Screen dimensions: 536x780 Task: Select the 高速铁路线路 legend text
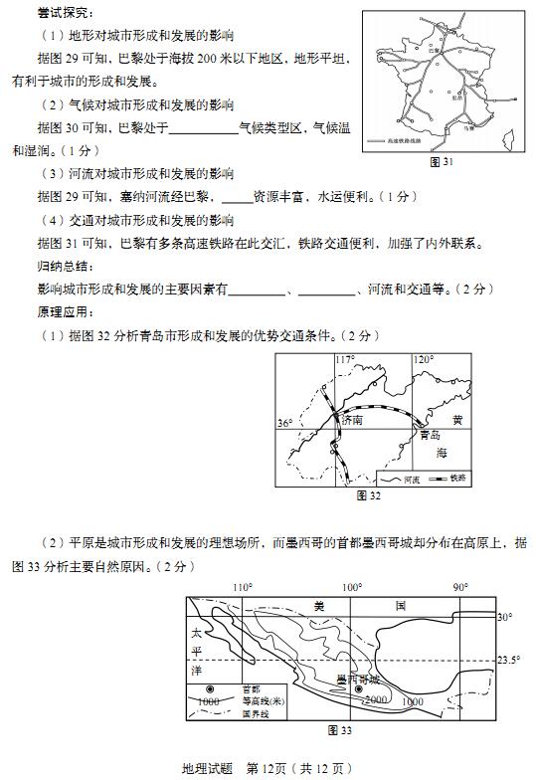pyautogui.click(x=412, y=142)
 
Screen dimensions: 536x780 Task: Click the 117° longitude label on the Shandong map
pyautogui.click(x=344, y=360)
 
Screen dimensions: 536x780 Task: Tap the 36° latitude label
pyautogui.click(x=285, y=423)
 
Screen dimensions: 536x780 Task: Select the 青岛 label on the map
pyautogui.click(x=430, y=435)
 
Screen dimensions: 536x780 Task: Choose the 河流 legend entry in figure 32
pyautogui.click(x=415, y=479)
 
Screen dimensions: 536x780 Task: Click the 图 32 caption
pyautogui.click(x=369, y=494)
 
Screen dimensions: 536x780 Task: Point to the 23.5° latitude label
pyautogui.click(x=509, y=660)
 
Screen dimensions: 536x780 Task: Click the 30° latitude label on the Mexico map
pyautogui.click(x=504, y=618)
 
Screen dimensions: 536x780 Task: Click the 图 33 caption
pyautogui.click(x=340, y=730)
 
